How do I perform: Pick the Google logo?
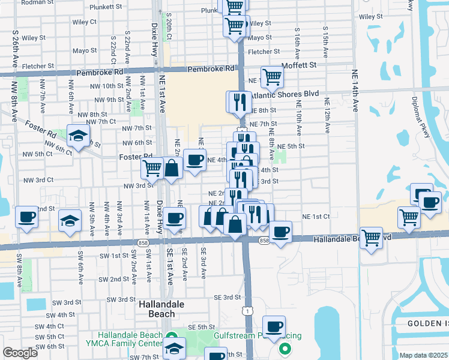tap(20, 353)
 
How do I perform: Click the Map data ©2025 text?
tap(424, 355)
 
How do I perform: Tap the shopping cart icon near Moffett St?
tap(273, 76)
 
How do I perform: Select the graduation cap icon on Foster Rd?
tap(79, 136)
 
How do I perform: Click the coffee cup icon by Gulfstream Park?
tap(274, 327)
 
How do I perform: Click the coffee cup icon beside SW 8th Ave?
tap(26, 217)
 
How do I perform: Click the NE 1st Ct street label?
tap(316, 216)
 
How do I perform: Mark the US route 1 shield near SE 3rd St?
tap(246, 310)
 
